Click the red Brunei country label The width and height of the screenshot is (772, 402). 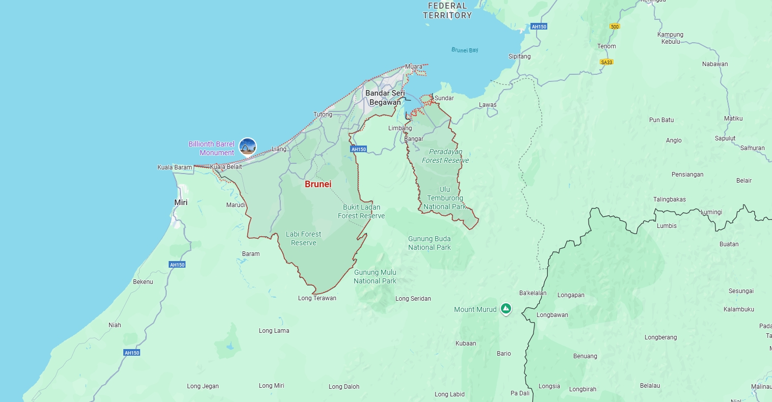tap(318, 184)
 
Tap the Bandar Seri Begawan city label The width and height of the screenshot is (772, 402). tap(385, 98)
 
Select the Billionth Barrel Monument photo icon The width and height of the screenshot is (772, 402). tap(248, 147)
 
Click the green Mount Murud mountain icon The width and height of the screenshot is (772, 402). tap(505, 308)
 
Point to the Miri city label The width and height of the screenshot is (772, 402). tap(181, 203)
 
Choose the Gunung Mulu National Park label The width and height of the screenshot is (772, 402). tap(375, 277)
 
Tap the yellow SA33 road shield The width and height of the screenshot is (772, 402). tap(606, 62)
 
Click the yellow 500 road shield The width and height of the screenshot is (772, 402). tap(615, 26)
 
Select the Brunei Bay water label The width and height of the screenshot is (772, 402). tap(465, 50)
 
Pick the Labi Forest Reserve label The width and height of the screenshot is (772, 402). tap(303, 239)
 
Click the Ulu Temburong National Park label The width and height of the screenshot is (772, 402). tap(444, 198)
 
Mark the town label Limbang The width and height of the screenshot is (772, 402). tap(400, 128)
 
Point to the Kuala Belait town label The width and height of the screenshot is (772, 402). tap(226, 167)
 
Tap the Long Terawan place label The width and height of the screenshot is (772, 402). tap(317, 298)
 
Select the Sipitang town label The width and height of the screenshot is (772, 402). tap(519, 56)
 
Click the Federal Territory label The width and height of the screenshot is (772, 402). tap(447, 11)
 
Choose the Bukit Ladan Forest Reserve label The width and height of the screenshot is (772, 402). tap(361, 212)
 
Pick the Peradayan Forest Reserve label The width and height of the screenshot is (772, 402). tap(445, 156)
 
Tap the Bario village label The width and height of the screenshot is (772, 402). tap(503, 354)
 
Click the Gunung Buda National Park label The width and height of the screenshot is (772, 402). tap(429, 243)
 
